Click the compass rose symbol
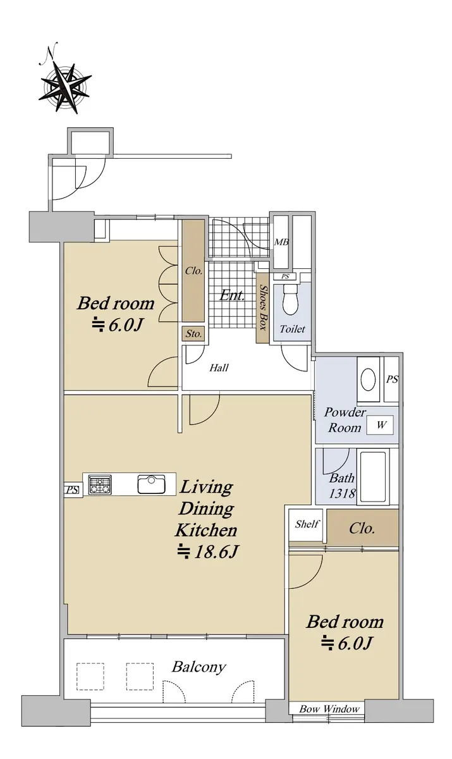[x=64, y=87]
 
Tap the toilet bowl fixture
[x=290, y=300]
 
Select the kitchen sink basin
[x=151, y=484]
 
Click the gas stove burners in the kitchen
[x=100, y=484]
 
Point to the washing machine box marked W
[x=381, y=424]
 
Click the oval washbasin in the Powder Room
[x=368, y=379]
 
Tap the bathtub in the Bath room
[x=373, y=477]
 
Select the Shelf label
[x=307, y=524]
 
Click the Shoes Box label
[x=263, y=307]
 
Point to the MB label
[x=281, y=242]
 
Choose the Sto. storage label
[x=193, y=334]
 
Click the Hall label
[x=219, y=367]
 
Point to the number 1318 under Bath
[x=342, y=493]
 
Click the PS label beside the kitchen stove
[x=72, y=490]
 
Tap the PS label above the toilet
[x=285, y=276]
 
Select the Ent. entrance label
[x=232, y=295]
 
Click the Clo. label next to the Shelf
[x=362, y=528]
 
